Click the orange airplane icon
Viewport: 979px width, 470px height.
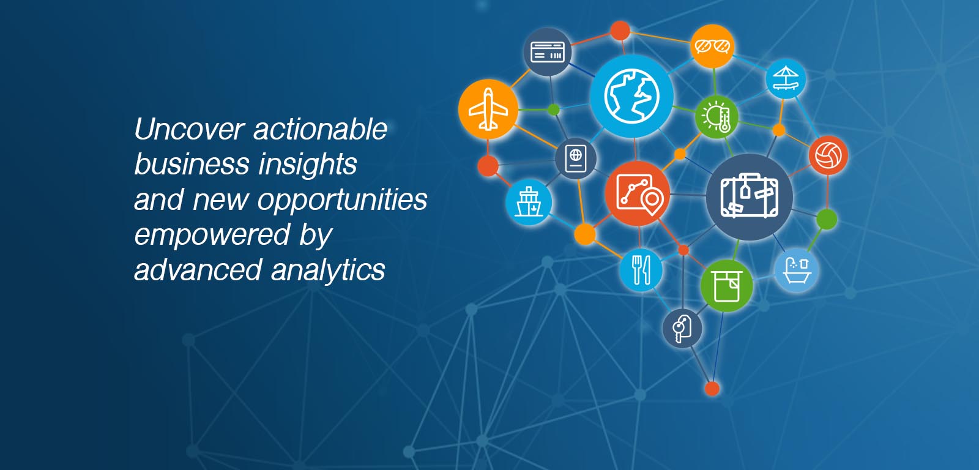(x=488, y=110)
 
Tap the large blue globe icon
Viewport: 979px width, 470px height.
(x=631, y=96)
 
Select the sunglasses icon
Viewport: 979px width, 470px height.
(x=712, y=46)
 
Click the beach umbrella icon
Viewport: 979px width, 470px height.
(x=786, y=79)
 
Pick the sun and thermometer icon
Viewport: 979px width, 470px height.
(x=717, y=117)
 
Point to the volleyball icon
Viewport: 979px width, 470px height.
(x=828, y=155)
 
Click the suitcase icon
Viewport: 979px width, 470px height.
(x=749, y=196)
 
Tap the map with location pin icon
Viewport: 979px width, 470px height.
(x=638, y=193)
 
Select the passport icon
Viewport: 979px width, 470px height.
(x=576, y=159)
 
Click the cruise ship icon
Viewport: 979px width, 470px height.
(x=529, y=203)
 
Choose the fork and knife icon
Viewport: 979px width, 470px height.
(x=641, y=270)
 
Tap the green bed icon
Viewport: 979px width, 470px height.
(x=726, y=286)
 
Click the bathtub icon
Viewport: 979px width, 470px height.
(x=796, y=270)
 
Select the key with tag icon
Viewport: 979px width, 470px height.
(x=682, y=329)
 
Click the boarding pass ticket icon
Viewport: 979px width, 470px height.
(x=548, y=51)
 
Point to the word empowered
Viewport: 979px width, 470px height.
(x=212, y=236)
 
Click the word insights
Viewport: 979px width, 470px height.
(x=308, y=165)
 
